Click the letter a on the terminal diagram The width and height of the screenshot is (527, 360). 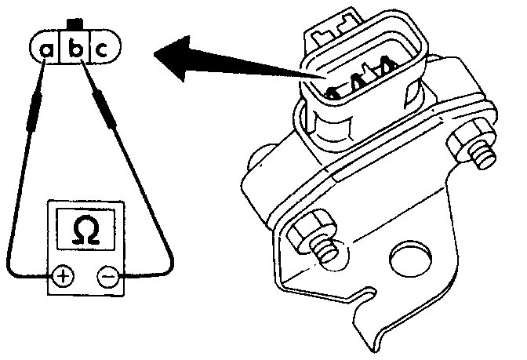pos(46,50)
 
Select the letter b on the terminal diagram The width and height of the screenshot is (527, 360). pos(75,49)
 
